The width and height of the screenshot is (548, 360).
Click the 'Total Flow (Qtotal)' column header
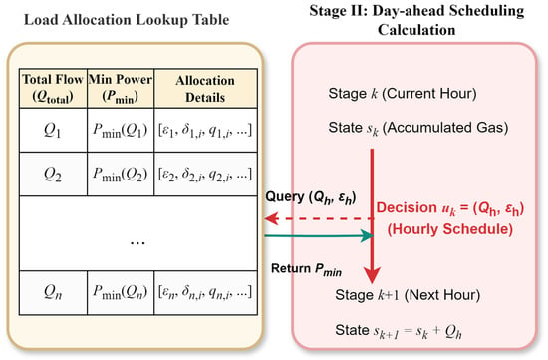(x=53, y=88)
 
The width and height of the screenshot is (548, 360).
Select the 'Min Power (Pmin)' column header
(x=121, y=88)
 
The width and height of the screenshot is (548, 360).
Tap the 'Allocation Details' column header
(x=205, y=88)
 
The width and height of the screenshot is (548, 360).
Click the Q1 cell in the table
(x=53, y=130)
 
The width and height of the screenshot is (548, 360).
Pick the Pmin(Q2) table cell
(x=121, y=174)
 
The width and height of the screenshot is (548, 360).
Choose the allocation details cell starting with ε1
(x=205, y=130)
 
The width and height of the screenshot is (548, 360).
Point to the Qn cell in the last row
(x=53, y=292)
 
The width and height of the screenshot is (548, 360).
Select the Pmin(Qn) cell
(x=121, y=292)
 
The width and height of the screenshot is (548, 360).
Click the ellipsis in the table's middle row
(x=137, y=242)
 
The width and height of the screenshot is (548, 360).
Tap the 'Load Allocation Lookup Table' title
(x=127, y=20)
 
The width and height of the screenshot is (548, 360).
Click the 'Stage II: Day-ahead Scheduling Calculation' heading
(x=416, y=20)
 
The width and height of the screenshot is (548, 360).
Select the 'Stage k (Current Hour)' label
(x=403, y=94)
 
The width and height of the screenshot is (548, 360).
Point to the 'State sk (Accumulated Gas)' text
(x=418, y=128)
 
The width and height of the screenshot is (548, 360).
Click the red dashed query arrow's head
(x=270, y=219)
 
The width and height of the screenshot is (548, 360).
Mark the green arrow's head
(x=367, y=235)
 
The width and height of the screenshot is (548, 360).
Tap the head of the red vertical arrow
(x=372, y=276)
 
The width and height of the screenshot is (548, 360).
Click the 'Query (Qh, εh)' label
(x=311, y=198)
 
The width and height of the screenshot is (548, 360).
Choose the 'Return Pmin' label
(x=306, y=269)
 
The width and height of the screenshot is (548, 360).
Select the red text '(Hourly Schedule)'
(x=450, y=229)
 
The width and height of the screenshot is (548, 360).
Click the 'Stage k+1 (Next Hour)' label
(x=408, y=295)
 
